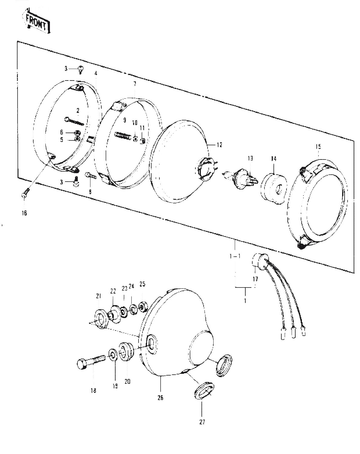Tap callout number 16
pyautogui.click(x=24, y=213)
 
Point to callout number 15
pyautogui.click(x=318, y=146)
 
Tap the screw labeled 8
pyautogui.click(x=90, y=176)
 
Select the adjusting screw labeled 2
pyautogui.click(x=74, y=121)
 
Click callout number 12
pyautogui.click(x=219, y=145)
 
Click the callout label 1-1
pyautogui.click(x=235, y=256)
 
